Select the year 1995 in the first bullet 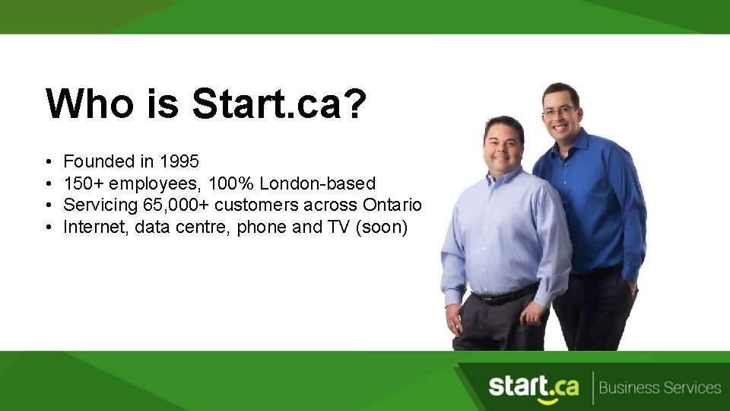[x=179, y=161]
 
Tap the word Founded [x=98, y=161]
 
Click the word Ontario [x=392, y=205]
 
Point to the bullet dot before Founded [x=48, y=162]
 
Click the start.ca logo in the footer [x=533, y=387]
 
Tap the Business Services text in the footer [x=659, y=388]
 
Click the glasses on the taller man [x=559, y=111]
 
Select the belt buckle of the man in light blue [x=480, y=298]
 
